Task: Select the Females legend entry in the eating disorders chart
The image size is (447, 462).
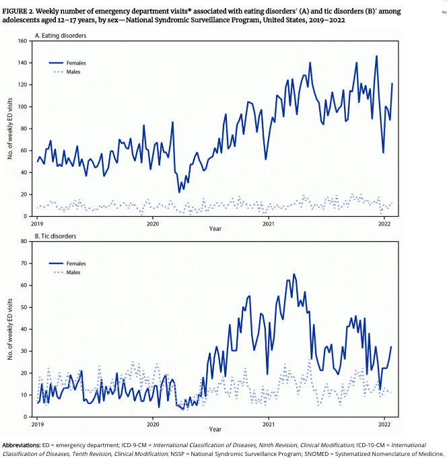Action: coord(75,63)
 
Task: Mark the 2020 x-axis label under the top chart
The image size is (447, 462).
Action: coord(153,224)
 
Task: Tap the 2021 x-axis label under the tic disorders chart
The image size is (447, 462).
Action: coord(269,424)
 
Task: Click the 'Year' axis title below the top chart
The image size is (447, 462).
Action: coord(214,230)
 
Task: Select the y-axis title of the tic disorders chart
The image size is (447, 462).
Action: coord(10,329)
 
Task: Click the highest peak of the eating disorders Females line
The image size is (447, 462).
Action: coord(376,57)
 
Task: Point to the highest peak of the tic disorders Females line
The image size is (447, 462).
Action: coord(294,275)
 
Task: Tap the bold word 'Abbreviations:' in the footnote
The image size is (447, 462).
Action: coord(22,445)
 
